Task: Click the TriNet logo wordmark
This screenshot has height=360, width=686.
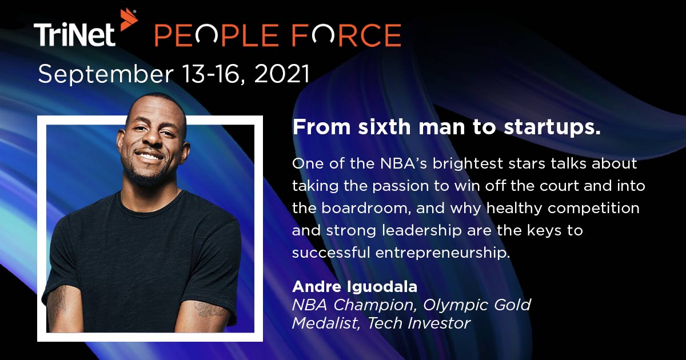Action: [74, 35]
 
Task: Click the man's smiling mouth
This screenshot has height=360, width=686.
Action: [150, 155]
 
